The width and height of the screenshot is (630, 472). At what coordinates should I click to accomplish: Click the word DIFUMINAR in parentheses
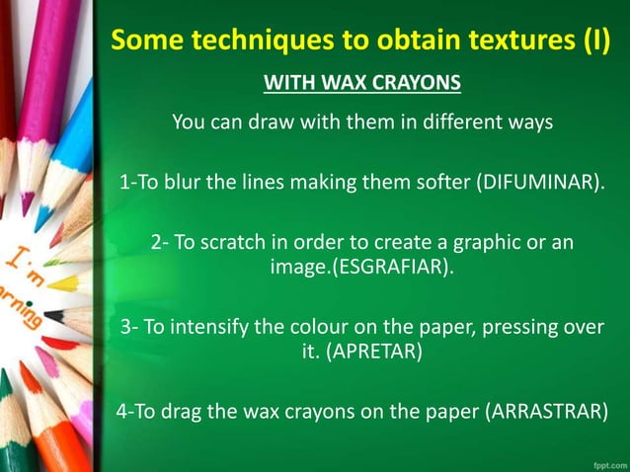pos(543,183)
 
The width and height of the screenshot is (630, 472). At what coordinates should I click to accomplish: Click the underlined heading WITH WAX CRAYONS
pos(363,82)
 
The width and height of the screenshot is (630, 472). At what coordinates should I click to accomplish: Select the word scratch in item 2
pos(234,243)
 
